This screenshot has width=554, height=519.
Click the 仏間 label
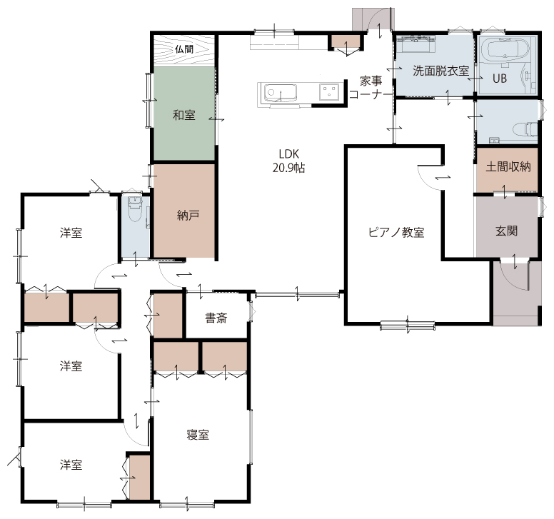click(x=184, y=49)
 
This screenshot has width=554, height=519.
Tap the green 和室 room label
click(x=184, y=115)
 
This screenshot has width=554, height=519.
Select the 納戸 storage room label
click(x=188, y=215)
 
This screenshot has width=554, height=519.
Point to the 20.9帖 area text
click(x=288, y=168)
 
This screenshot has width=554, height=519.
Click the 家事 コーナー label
click(x=371, y=88)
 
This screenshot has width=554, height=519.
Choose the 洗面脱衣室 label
click(x=441, y=71)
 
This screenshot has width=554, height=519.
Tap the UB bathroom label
click(x=500, y=79)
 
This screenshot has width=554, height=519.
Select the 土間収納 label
click(x=508, y=166)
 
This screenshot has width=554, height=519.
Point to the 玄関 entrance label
click(x=507, y=231)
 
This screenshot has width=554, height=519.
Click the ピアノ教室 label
click(x=396, y=232)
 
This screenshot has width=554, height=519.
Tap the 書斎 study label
click(x=216, y=318)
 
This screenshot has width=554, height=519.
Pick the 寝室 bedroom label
click(x=198, y=435)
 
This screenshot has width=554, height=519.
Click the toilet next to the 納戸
click(x=135, y=208)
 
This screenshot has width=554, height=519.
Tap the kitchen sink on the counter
click(x=281, y=93)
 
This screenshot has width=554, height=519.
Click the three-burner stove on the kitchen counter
click(x=329, y=92)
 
